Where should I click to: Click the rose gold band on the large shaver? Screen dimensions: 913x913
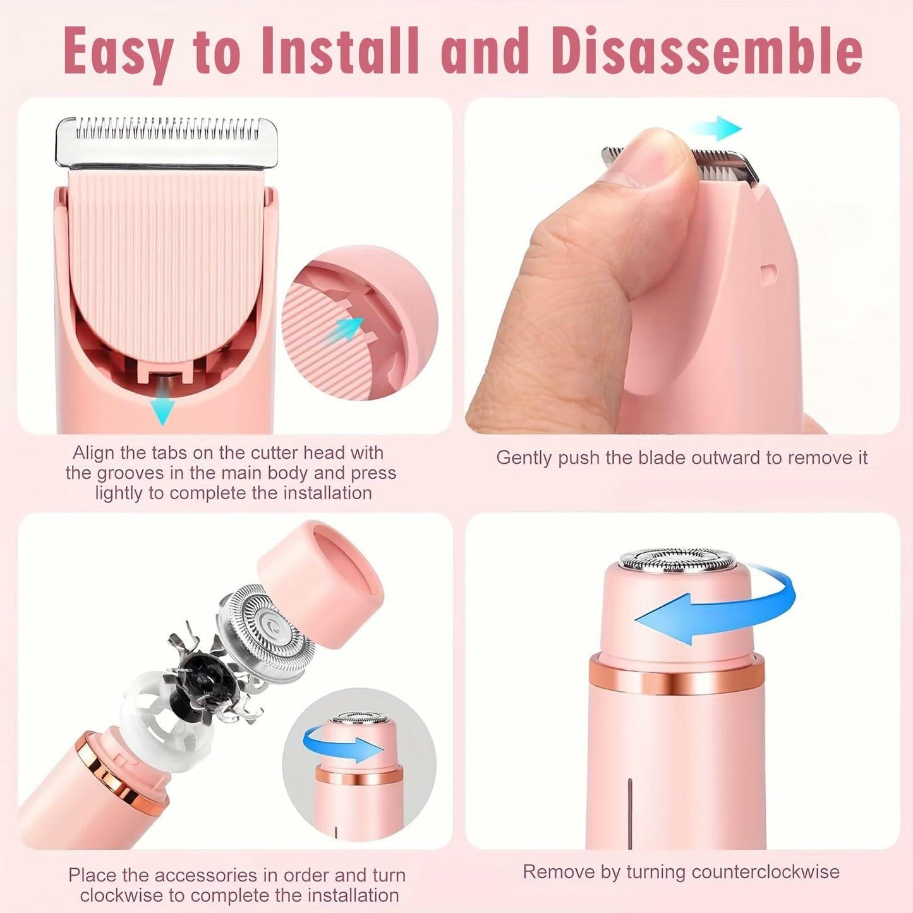coord(676,675)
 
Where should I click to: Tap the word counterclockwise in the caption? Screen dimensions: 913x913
coord(765,872)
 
